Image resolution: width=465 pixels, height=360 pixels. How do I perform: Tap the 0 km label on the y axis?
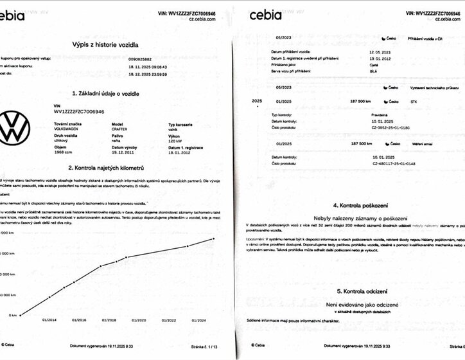coord(13,315)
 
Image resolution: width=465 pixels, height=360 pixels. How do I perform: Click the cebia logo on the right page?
coord(269,14)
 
